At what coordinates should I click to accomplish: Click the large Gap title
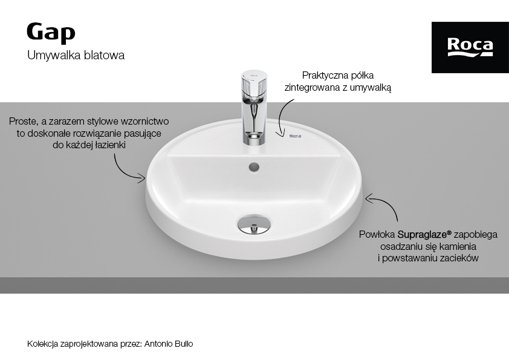tap(51, 33)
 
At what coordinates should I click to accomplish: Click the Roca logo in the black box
tap(470, 47)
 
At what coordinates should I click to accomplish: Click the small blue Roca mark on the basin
tap(295, 136)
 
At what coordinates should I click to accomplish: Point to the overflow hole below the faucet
tap(254, 168)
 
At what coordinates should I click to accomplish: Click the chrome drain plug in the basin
tap(254, 224)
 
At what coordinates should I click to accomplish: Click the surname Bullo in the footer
tap(184, 344)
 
